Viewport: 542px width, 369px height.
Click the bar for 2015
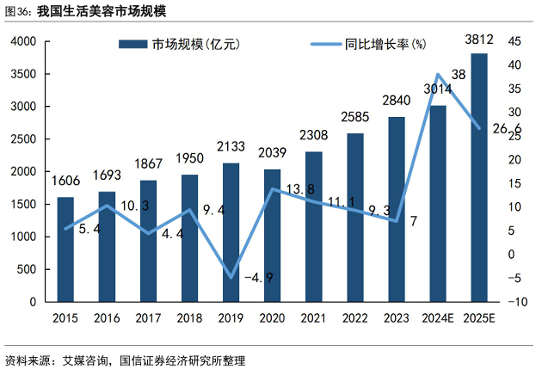[65, 249]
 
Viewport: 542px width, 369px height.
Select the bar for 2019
[231, 232]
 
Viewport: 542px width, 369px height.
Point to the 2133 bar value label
[231, 149]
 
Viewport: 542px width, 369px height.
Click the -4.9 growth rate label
[258, 278]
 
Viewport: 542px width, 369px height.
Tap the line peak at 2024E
[438, 75]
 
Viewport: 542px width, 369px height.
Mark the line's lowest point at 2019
[231, 277]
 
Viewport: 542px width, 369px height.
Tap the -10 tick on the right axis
[518, 302]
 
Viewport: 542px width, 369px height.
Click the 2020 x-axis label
[272, 318]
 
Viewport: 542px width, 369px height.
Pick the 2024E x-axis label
[438, 318]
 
